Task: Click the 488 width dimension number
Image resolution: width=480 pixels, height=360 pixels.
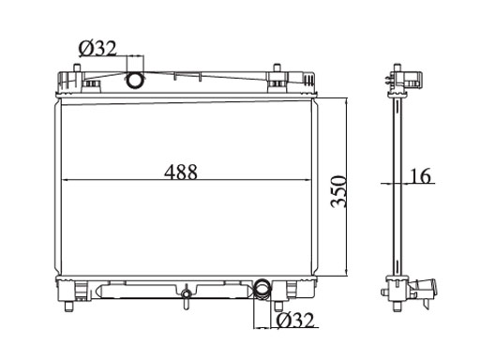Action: pyautogui.click(x=181, y=172)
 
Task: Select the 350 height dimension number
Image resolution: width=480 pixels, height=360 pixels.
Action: pyautogui.click(x=338, y=191)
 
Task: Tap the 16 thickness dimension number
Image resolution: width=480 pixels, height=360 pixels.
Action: pyautogui.click(x=420, y=175)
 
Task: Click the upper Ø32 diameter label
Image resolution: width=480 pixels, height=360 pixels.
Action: pyautogui.click(x=97, y=49)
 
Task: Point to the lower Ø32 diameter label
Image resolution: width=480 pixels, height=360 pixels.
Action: pyautogui.click(x=295, y=320)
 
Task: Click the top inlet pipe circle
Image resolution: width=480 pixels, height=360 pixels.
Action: pyautogui.click(x=135, y=80)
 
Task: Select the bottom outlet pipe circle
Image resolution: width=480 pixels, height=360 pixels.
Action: pyautogui.click(x=262, y=288)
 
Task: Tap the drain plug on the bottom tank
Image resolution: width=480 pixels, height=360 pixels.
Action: pyautogui.click(x=187, y=296)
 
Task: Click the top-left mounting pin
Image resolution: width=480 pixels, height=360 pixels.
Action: pyautogui.click(x=77, y=68)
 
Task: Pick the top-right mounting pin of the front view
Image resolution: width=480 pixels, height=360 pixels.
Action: pyautogui.click(x=277, y=68)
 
